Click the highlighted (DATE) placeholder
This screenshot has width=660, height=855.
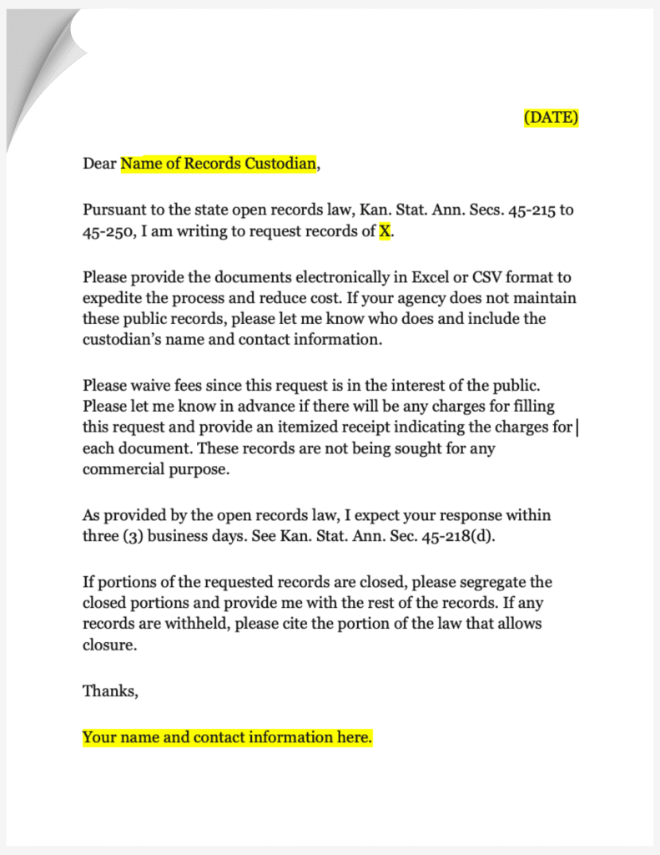tap(551, 118)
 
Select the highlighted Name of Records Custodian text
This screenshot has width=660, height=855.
tap(219, 164)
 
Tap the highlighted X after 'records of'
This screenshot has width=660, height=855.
tap(384, 231)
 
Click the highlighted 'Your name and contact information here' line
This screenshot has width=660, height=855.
tap(227, 737)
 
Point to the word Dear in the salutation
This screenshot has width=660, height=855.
tap(99, 164)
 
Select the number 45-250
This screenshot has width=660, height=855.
tap(103, 231)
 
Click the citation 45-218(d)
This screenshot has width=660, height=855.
tap(459, 536)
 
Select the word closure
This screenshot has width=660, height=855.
tap(108, 645)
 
